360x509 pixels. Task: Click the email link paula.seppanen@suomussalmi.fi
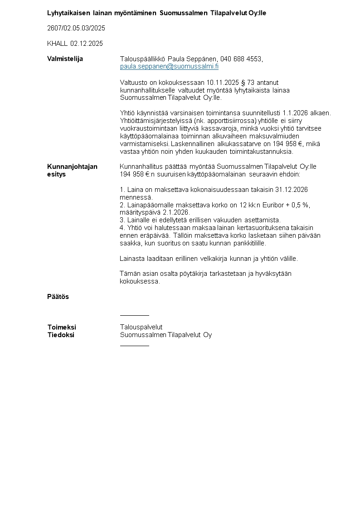coord(169,66)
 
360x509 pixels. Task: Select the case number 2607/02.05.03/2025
coord(76,28)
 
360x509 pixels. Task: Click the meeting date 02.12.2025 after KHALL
coord(87,44)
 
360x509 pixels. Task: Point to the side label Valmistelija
coord(65,59)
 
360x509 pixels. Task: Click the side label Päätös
coord(58,297)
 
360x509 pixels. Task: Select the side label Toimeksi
coord(62,327)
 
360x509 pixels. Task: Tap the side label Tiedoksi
coord(61,335)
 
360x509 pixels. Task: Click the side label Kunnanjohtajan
coord(72,166)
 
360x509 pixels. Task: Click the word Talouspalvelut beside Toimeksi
coord(141,327)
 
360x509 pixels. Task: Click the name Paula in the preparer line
coord(177,59)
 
